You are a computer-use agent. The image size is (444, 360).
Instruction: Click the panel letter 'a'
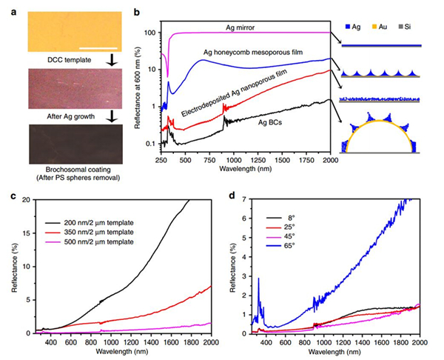pyautogui.click(x=5, y=7)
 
